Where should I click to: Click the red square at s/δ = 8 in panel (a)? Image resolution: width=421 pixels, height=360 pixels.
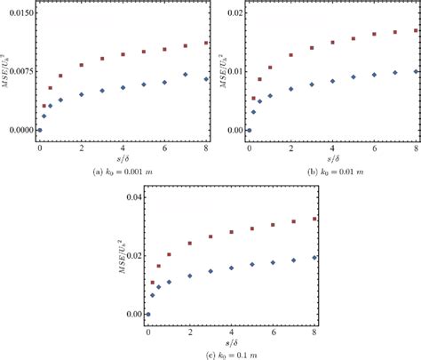click(206, 43)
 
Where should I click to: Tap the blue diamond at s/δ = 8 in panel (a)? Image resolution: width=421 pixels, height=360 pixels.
click(206, 79)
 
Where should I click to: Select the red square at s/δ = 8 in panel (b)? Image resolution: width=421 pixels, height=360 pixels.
click(416, 30)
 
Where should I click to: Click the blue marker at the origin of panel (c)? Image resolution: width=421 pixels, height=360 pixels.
click(148, 314)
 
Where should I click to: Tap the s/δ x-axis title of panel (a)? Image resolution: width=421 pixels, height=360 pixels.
click(123, 157)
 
